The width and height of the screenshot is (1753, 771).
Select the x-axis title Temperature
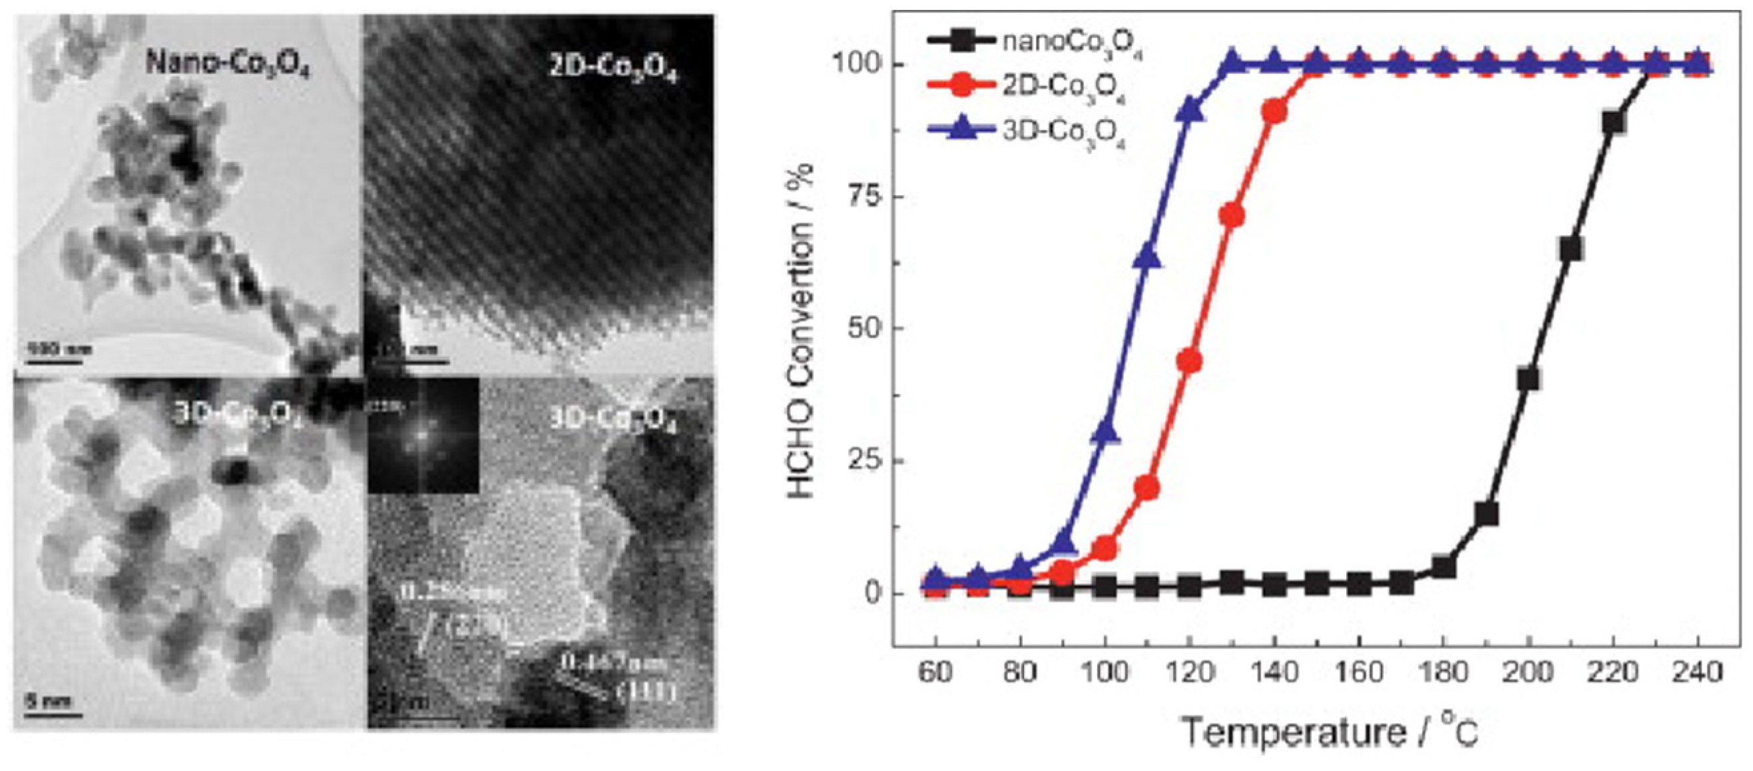point(1293,733)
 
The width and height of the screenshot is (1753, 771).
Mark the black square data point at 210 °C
point(1571,249)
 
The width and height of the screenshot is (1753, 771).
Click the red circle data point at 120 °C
point(1189,361)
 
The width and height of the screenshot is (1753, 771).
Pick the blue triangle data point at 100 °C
point(1105,432)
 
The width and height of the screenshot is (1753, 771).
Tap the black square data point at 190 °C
point(1487,514)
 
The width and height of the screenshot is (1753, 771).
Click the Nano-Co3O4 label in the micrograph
point(228,65)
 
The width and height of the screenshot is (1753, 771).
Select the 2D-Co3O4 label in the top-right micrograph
point(613,69)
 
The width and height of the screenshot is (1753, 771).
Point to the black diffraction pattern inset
point(423,436)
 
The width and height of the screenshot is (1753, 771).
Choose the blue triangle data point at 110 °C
point(1147,259)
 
